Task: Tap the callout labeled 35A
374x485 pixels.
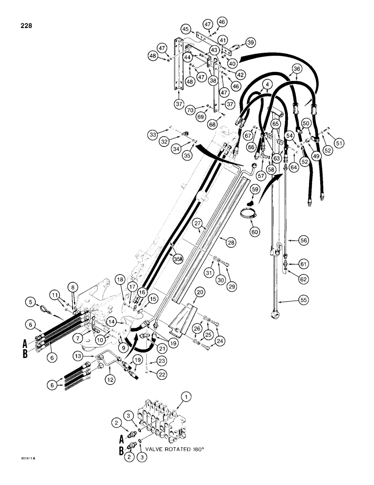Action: click(x=178, y=259)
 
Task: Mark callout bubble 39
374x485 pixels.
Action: click(x=250, y=43)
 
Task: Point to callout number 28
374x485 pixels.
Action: click(x=223, y=241)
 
